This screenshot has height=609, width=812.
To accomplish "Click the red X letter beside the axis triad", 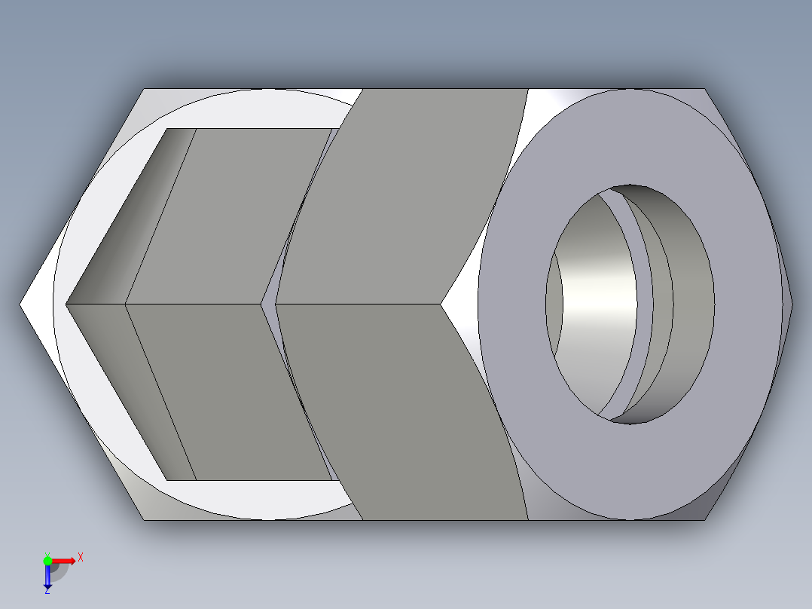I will [80, 557].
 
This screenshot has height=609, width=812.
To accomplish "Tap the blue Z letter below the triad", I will [47, 592].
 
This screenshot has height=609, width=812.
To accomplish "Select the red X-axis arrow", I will [65, 561].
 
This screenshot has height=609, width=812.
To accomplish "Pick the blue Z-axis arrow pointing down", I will [47, 577].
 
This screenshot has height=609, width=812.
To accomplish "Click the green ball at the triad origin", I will [47, 560].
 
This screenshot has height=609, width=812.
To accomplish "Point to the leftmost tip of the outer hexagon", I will [20, 304].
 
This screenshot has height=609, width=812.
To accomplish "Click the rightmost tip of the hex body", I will [792, 304].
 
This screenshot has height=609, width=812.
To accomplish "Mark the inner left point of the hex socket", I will [67, 304].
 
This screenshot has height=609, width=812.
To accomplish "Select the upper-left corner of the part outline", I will [143, 89].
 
